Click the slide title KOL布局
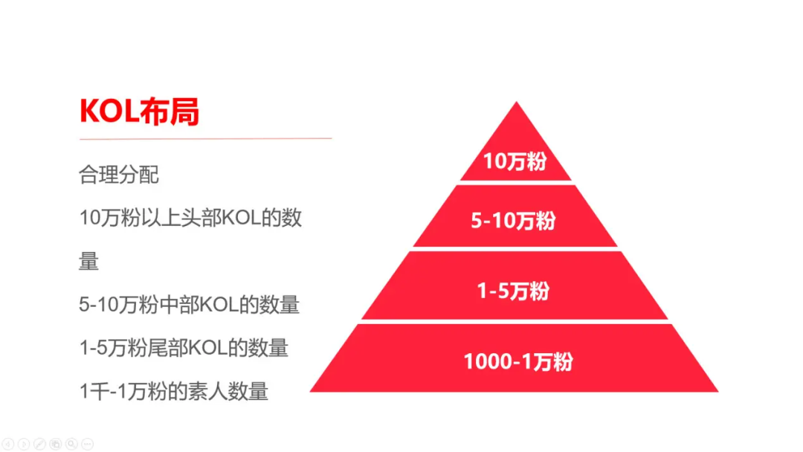click(x=139, y=111)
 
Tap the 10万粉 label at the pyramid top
click(x=515, y=161)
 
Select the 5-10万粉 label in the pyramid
click(x=514, y=221)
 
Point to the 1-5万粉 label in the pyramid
click(x=514, y=291)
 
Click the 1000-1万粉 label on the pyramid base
click(x=518, y=361)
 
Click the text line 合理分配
click(x=119, y=175)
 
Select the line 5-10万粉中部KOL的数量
click(x=189, y=305)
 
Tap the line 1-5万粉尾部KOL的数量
click(x=184, y=348)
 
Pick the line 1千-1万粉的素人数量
click(x=173, y=392)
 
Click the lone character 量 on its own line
click(x=88, y=261)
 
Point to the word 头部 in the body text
click(x=201, y=218)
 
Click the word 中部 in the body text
click(x=179, y=305)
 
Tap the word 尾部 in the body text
click(x=168, y=348)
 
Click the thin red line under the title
click(x=205, y=138)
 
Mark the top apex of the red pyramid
click(x=516, y=102)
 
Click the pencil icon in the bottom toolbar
click(x=39, y=444)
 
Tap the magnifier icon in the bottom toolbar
click(x=71, y=444)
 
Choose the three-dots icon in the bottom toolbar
click(x=88, y=444)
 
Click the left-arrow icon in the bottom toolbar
click(x=7, y=444)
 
